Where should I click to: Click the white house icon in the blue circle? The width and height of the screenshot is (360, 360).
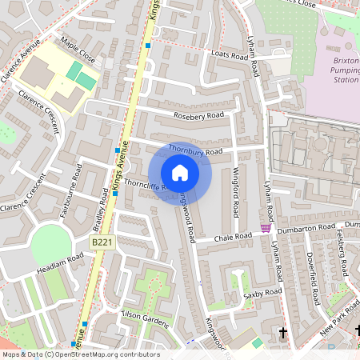click(180, 173)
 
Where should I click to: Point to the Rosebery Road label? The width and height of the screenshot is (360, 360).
click(199, 116)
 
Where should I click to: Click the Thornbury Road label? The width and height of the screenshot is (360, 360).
click(195, 150)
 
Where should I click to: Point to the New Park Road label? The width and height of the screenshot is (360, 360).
click(337, 321)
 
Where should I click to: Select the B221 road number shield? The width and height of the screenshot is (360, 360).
click(101, 242)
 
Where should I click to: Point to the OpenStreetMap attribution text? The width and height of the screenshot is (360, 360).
click(80, 354)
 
